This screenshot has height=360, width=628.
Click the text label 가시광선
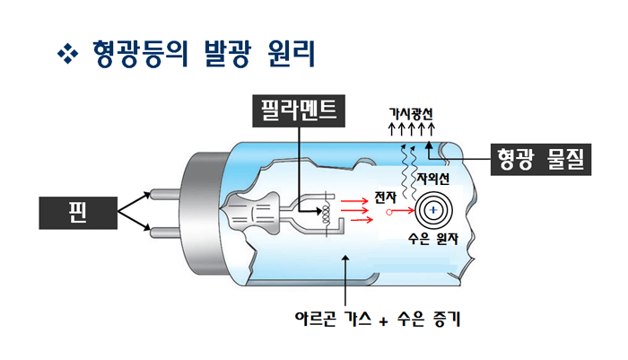[410, 114]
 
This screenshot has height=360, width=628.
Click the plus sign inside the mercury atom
[432, 211]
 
